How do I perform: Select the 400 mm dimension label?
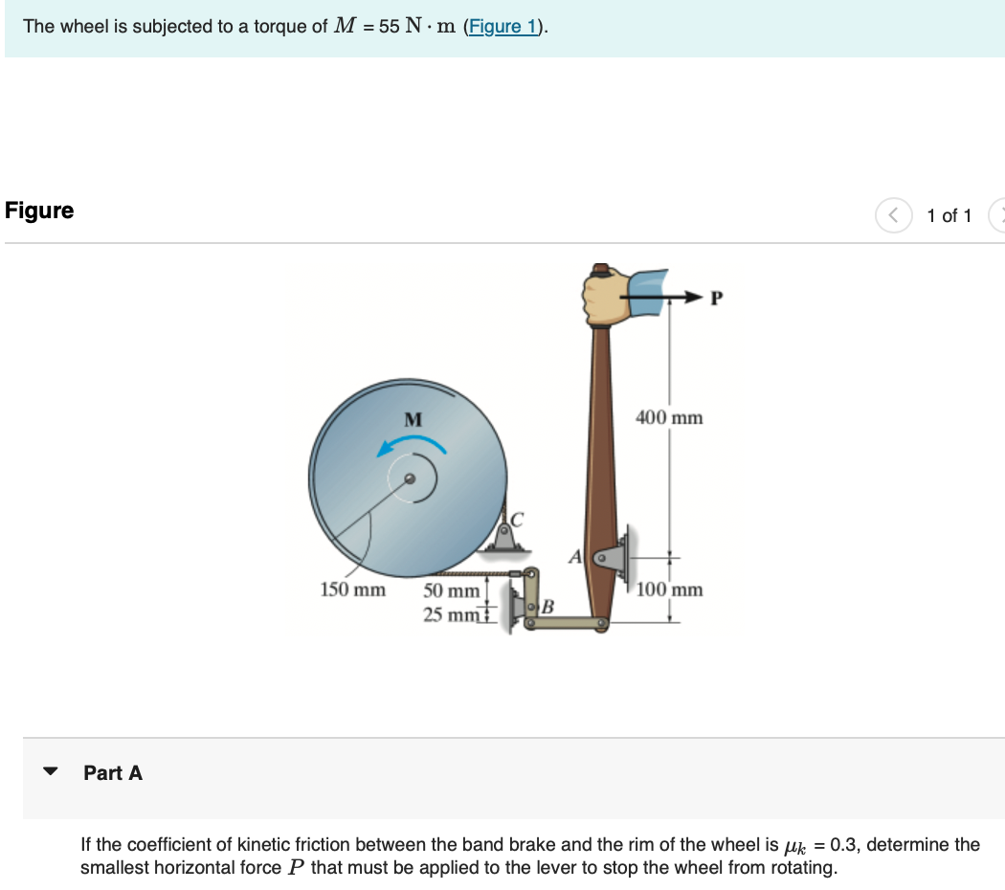[668, 417]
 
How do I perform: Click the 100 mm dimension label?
[668, 590]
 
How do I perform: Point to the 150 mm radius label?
[351, 590]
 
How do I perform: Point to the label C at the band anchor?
[519, 521]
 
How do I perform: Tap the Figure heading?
[39, 211]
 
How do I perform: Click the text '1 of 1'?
[949, 215]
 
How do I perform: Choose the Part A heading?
[113, 772]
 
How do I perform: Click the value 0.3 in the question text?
[844, 845]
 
